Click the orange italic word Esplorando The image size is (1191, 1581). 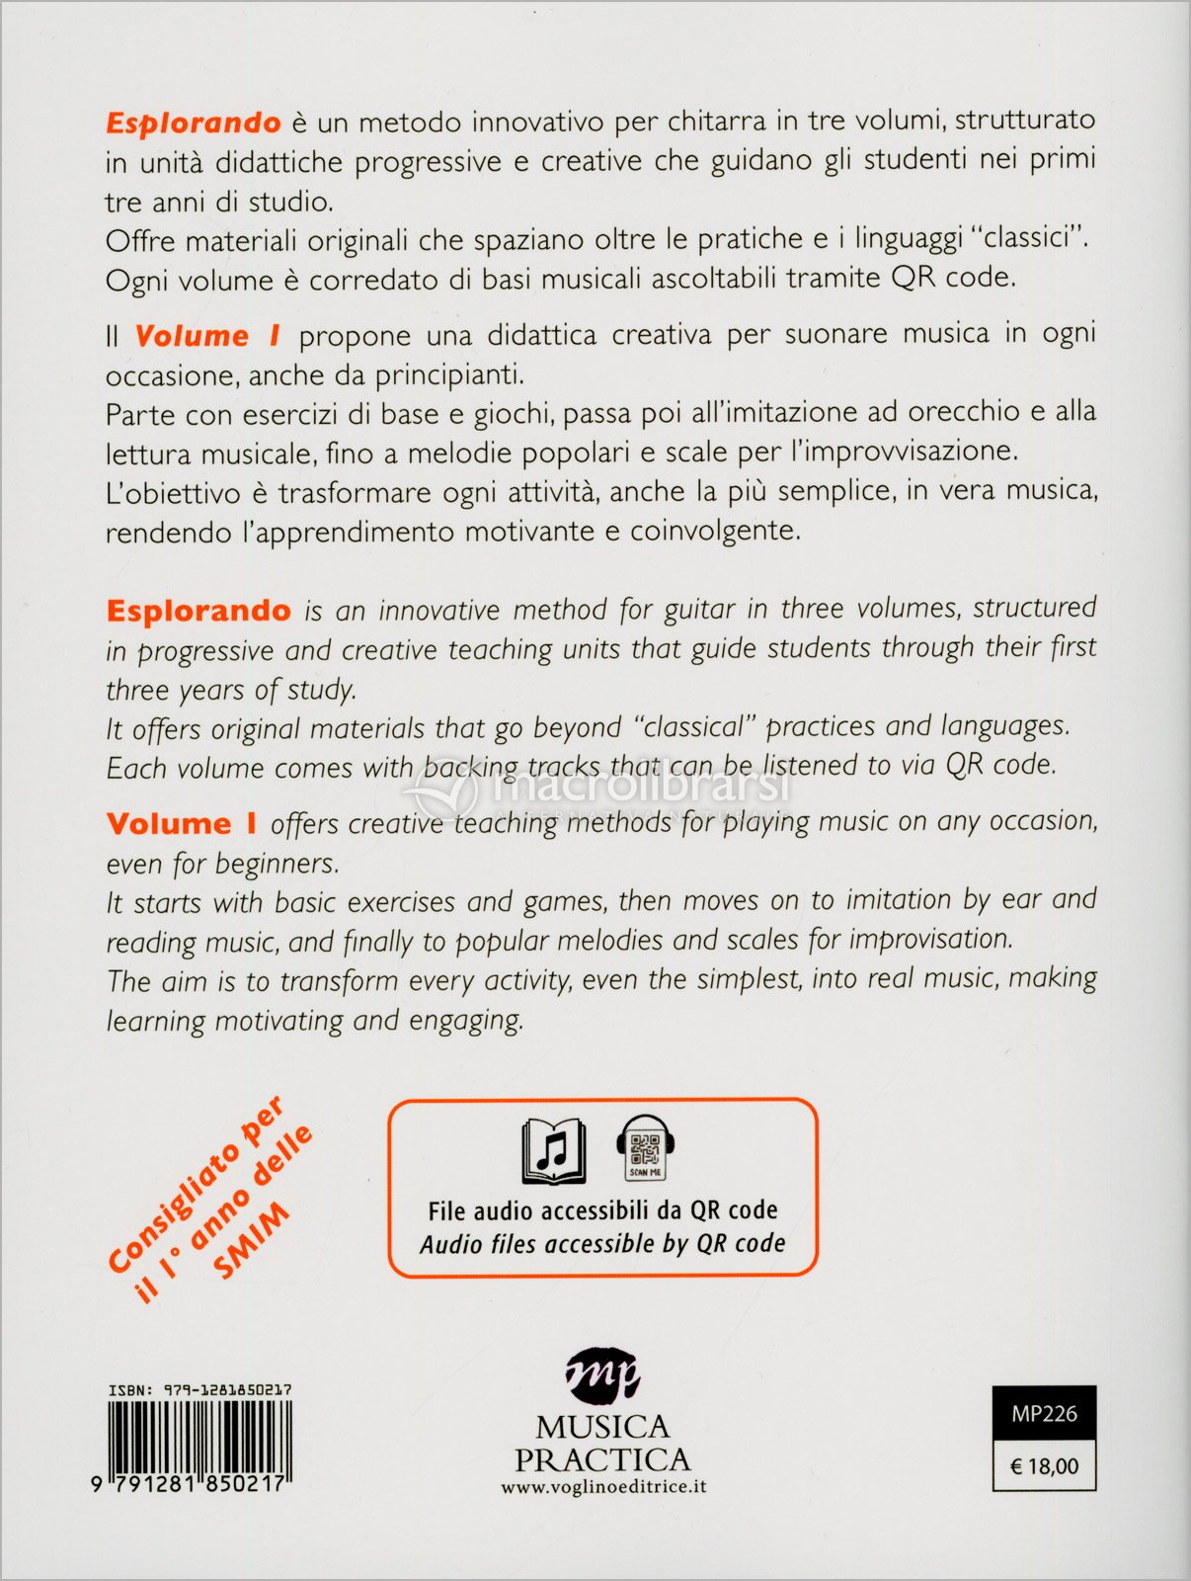point(194,123)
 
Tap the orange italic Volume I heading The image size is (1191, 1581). point(207,336)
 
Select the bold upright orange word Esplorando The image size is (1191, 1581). point(198,611)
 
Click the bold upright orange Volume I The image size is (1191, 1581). point(182,824)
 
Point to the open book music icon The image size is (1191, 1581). point(554,1150)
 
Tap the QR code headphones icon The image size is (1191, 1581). point(645,1148)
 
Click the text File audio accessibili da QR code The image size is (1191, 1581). point(602,1210)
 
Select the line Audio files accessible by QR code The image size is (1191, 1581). point(602,1243)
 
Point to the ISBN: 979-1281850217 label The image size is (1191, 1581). point(199,1389)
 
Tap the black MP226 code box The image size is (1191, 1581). point(1044,1414)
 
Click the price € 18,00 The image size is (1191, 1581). point(1044,1466)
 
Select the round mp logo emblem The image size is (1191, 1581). point(602,1374)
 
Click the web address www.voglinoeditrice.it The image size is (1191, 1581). point(603,1486)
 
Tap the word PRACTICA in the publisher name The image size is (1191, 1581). point(602,1459)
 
